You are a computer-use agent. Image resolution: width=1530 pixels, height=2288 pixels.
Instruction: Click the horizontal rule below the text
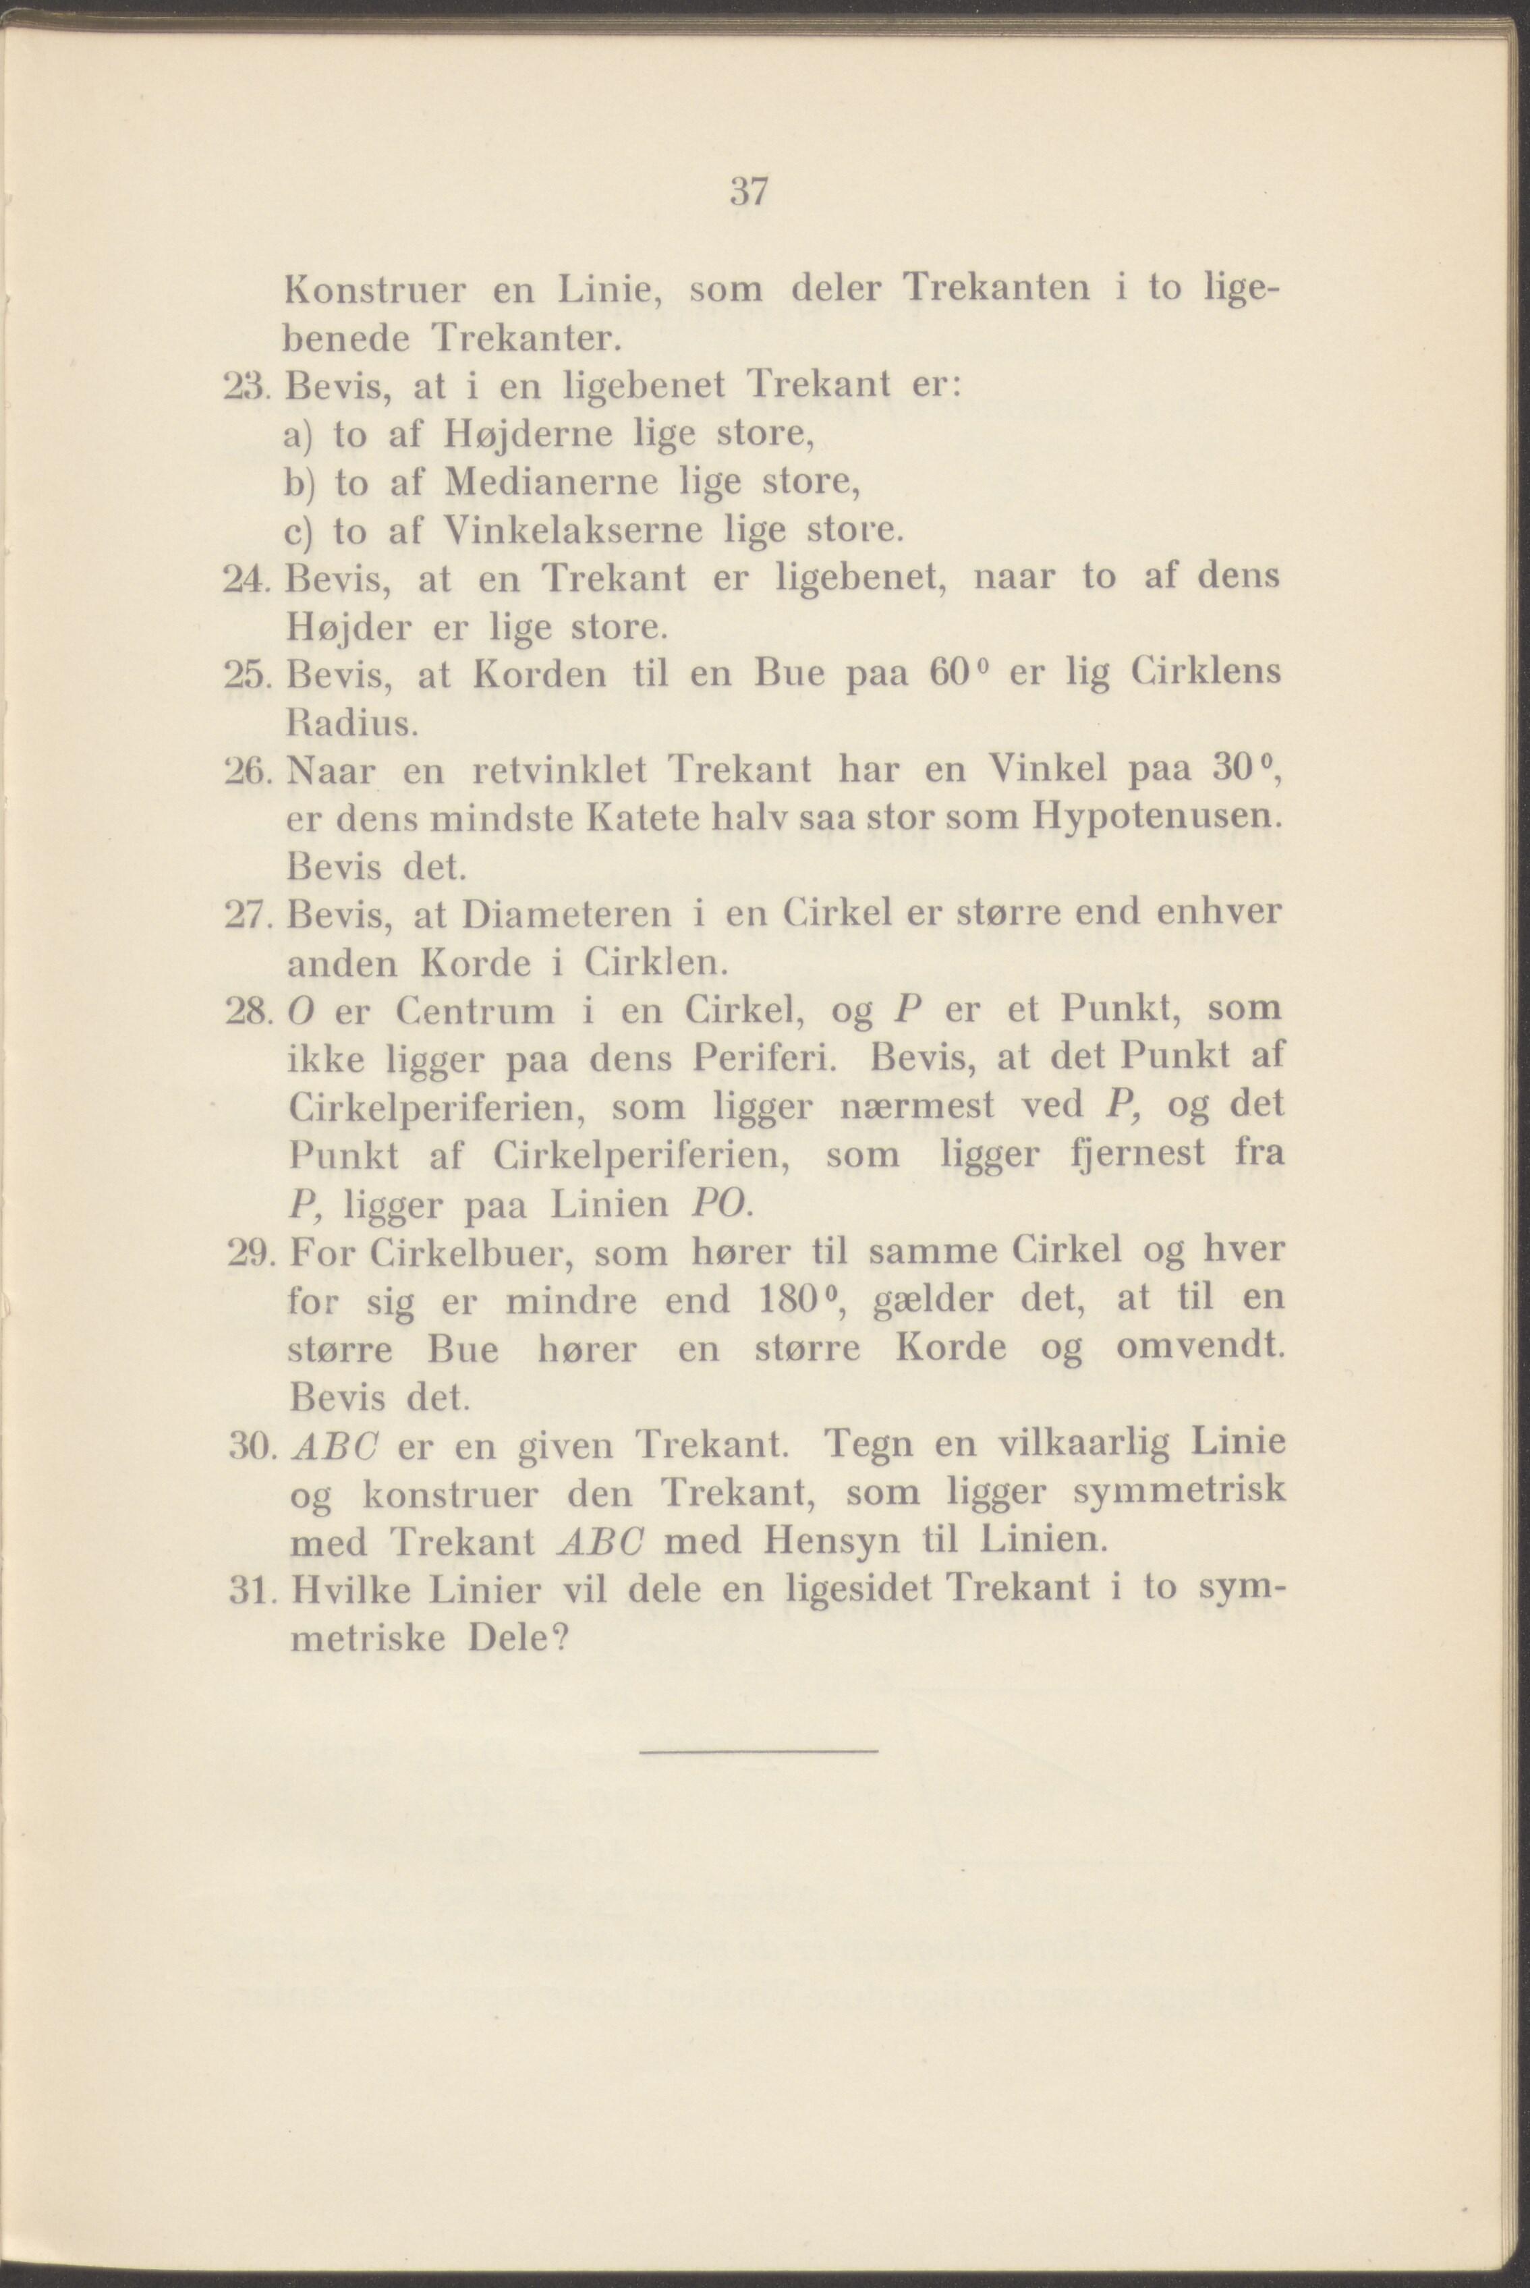[x=759, y=1754]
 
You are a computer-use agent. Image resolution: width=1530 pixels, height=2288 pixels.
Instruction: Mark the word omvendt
[x=1198, y=1348]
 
